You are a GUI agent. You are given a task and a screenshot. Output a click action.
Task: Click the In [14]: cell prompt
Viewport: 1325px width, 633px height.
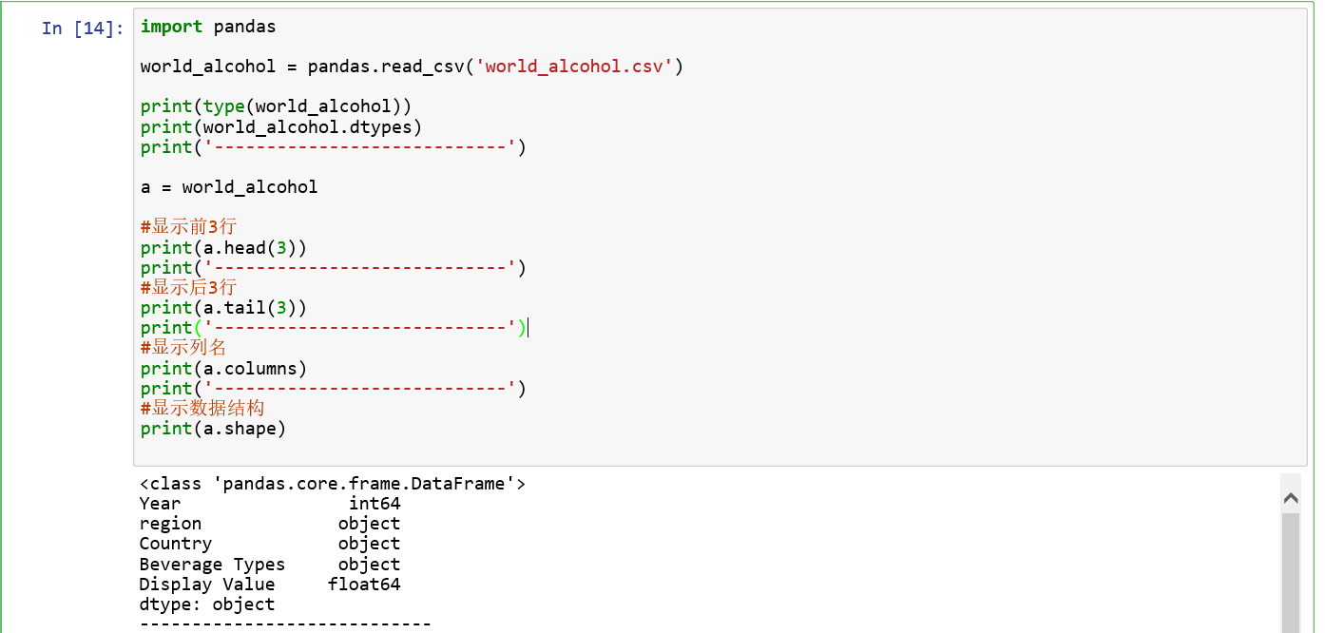pos(83,29)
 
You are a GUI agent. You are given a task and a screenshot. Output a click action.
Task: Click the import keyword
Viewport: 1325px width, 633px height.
pos(171,27)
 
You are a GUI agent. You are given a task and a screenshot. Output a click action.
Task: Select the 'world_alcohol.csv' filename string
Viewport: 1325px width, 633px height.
pos(574,67)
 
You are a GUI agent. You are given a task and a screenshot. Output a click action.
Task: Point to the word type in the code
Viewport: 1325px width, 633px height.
pos(223,106)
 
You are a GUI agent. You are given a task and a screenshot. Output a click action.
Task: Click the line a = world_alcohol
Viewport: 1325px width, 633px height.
pos(229,187)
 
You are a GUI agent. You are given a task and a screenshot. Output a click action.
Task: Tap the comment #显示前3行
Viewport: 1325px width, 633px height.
pos(188,227)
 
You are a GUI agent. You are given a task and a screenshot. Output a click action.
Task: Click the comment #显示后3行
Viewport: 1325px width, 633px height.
pos(188,287)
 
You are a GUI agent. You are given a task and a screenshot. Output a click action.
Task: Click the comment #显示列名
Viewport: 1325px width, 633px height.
pos(183,348)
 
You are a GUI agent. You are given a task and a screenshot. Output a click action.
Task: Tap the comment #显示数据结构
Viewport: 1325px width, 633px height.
pos(202,409)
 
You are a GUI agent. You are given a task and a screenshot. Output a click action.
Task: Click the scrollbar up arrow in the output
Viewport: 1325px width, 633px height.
pos(1290,497)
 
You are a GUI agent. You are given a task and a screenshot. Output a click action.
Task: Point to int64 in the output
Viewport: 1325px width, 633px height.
pos(374,504)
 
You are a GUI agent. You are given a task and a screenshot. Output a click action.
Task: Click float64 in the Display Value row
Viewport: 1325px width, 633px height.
pos(364,585)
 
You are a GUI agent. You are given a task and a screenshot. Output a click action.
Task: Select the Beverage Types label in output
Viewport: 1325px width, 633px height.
pos(212,565)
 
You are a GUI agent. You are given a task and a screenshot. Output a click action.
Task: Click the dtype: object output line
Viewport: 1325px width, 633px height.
pos(206,604)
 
